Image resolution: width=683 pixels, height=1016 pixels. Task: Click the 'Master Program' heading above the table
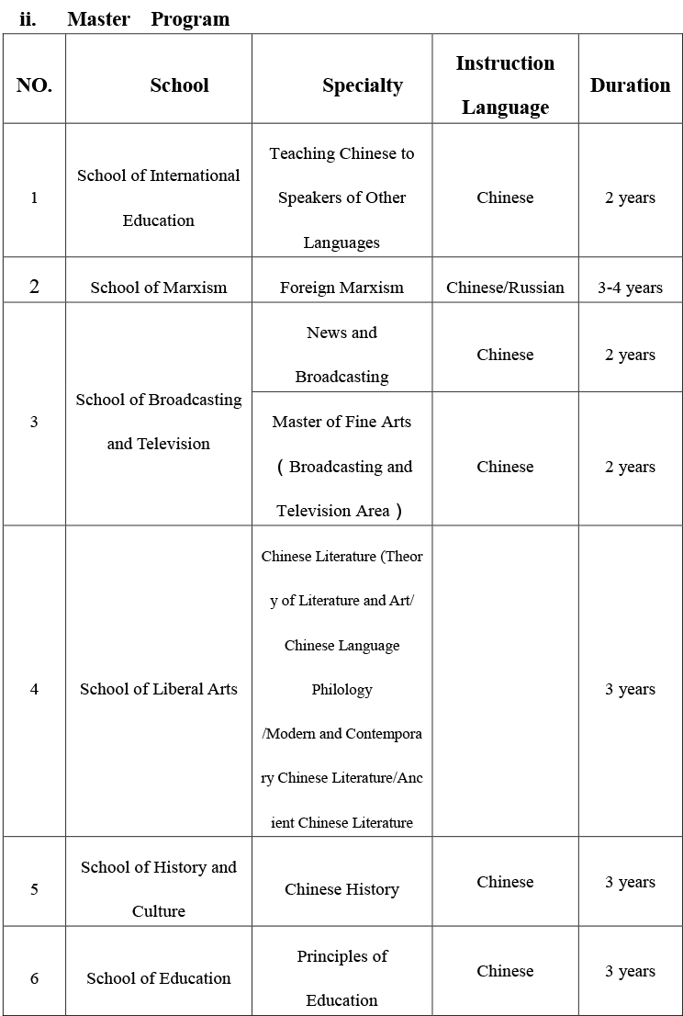pyautogui.click(x=148, y=18)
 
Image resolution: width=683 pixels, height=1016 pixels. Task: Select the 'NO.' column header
pyautogui.click(x=34, y=85)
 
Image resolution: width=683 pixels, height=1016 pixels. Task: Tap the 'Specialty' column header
pyautogui.click(x=362, y=85)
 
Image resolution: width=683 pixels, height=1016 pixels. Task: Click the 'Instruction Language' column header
pyautogui.click(x=505, y=85)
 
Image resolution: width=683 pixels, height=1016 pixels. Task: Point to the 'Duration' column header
pyautogui.click(x=630, y=85)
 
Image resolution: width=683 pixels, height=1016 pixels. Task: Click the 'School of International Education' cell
pyautogui.click(x=159, y=198)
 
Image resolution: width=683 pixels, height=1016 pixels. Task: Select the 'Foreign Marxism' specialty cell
pyautogui.click(x=341, y=288)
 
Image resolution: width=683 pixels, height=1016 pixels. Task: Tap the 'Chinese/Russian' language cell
pyautogui.click(x=505, y=288)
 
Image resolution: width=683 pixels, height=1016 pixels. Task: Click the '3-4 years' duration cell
pyautogui.click(x=630, y=288)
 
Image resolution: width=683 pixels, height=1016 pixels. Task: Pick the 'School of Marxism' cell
pyautogui.click(x=159, y=288)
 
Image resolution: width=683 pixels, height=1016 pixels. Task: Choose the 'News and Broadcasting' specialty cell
pyautogui.click(x=341, y=355)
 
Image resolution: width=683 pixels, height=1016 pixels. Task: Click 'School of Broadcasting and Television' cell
pyautogui.click(x=159, y=422)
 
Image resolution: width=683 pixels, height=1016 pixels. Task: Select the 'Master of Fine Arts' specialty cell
pyautogui.click(x=341, y=466)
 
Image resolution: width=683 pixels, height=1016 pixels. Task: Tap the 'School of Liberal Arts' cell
pyautogui.click(x=159, y=689)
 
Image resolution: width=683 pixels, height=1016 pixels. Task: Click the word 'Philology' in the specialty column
pyautogui.click(x=341, y=689)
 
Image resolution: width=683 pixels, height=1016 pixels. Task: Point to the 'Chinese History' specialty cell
pyautogui.click(x=341, y=889)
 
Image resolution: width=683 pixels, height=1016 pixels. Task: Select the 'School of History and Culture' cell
pyautogui.click(x=159, y=888)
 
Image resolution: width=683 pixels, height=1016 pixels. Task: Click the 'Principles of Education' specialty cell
pyautogui.click(x=341, y=977)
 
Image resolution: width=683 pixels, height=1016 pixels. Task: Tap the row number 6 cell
pyautogui.click(x=34, y=978)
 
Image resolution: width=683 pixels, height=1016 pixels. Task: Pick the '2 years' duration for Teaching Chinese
pyautogui.click(x=630, y=198)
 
